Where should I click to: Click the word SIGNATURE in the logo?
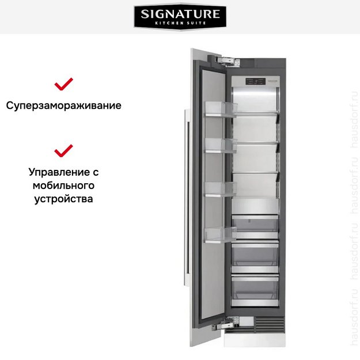click(x=180, y=13)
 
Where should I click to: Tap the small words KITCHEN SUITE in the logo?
click(x=180, y=23)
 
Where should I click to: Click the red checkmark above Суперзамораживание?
click(x=63, y=84)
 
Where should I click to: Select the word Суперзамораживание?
click(x=64, y=106)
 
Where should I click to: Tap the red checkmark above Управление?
click(x=63, y=150)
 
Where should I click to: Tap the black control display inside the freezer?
click(x=256, y=81)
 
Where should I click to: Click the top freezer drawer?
click(x=255, y=225)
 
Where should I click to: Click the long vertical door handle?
click(x=185, y=190)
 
